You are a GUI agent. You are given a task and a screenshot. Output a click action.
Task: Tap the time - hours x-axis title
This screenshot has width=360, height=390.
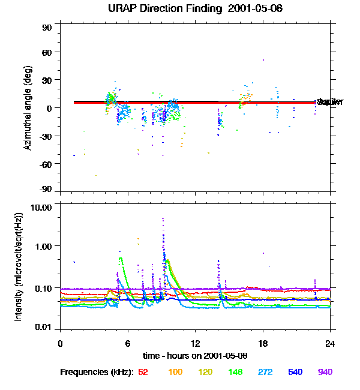click(196, 355)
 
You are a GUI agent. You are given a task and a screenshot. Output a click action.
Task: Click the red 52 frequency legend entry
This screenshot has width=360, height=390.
click(143, 373)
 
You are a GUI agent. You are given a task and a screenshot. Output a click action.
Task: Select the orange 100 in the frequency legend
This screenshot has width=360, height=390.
click(175, 373)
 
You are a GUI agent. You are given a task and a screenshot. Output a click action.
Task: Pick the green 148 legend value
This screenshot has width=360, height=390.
click(235, 373)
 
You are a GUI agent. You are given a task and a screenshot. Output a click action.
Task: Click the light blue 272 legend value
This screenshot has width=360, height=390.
click(265, 373)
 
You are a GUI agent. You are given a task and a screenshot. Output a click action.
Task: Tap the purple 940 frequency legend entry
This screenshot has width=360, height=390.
click(325, 373)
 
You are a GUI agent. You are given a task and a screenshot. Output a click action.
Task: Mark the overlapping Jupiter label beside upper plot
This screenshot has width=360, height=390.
click(329, 103)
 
